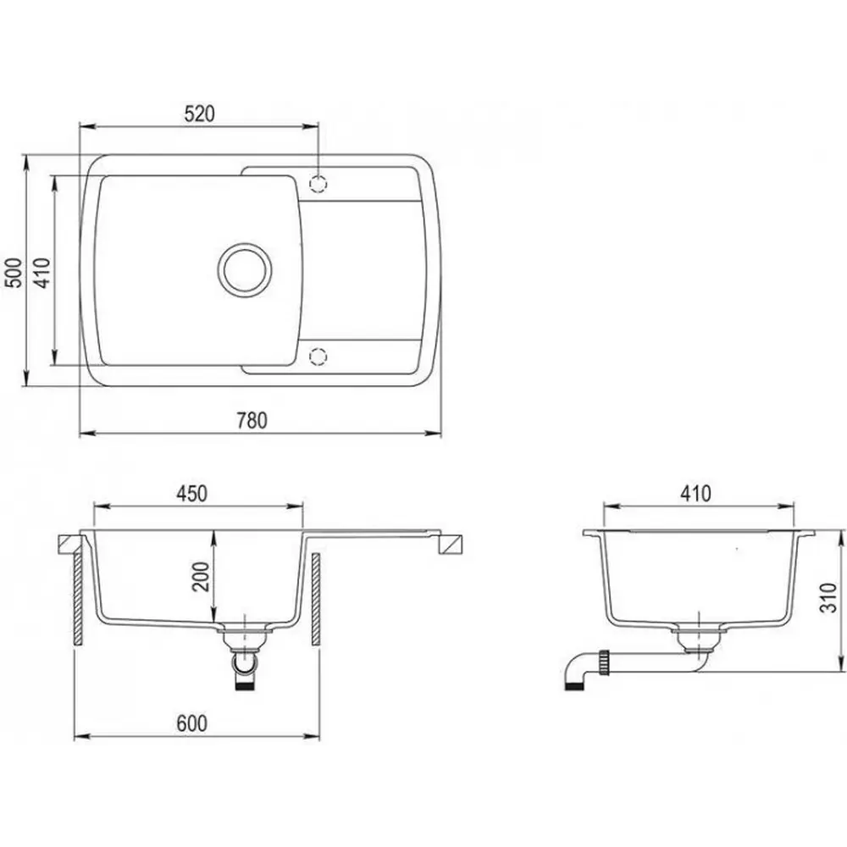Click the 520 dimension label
(199, 114)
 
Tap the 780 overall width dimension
(252, 421)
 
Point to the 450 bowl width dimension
(191, 494)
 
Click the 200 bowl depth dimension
(201, 577)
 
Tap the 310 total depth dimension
(828, 597)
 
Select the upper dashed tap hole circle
(318, 184)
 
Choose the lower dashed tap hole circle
(318, 356)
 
